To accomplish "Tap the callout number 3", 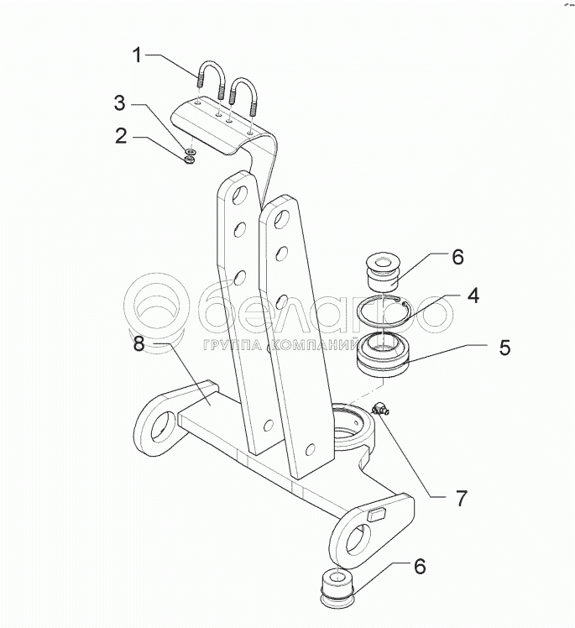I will (122, 103).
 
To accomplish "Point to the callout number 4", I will (473, 296).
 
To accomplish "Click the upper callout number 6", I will (457, 257).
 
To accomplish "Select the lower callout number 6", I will (417, 567).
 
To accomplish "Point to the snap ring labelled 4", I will (383, 317).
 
